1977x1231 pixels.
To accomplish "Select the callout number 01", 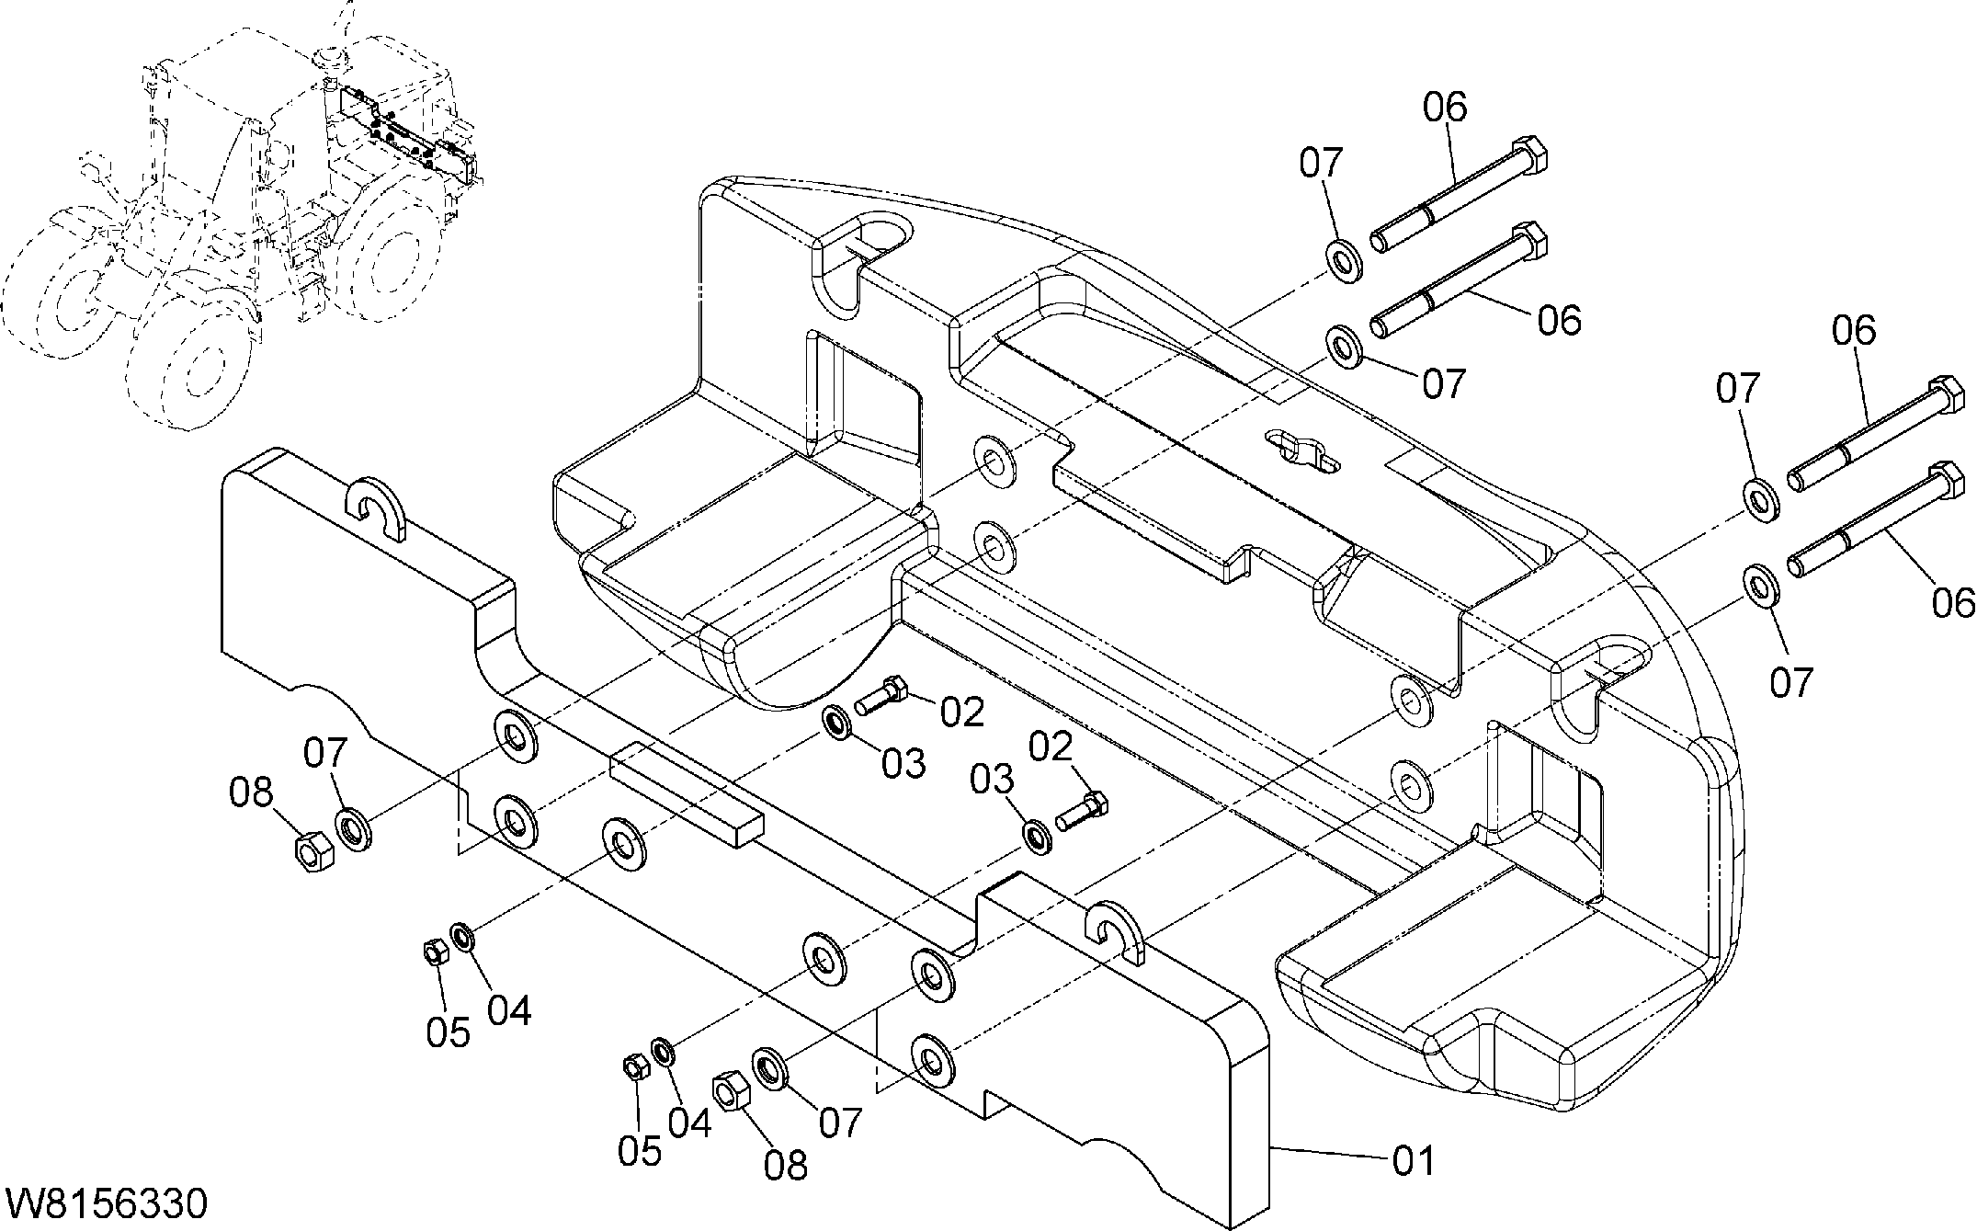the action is coord(1413,1161).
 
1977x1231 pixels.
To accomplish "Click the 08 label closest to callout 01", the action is coord(786,1164).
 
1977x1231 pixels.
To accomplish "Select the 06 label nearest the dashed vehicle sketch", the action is coord(1446,108).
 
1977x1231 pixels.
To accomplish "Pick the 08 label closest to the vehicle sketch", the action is coord(251,792).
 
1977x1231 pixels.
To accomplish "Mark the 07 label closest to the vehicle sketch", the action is coord(326,753).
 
